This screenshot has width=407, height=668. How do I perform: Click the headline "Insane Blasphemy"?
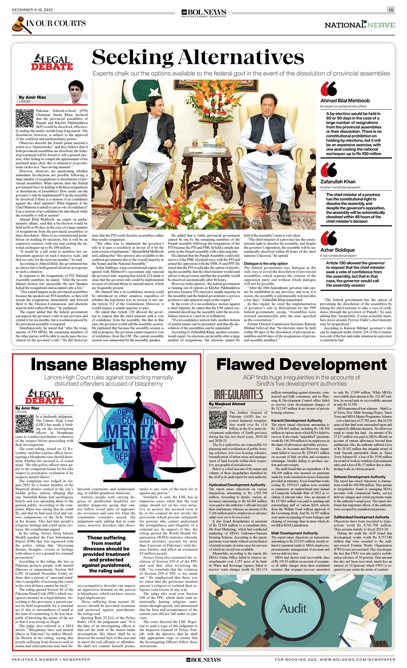(109, 365)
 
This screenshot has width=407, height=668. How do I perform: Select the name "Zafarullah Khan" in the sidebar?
(338, 181)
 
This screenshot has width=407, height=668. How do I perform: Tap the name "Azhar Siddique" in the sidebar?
(337, 250)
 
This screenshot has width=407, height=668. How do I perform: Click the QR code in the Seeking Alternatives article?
(25, 118)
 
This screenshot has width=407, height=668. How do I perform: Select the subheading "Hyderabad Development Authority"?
(237, 485)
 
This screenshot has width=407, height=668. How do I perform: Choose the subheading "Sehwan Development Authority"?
(360, 477)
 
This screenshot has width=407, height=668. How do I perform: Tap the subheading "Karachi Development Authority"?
(297, 420)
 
